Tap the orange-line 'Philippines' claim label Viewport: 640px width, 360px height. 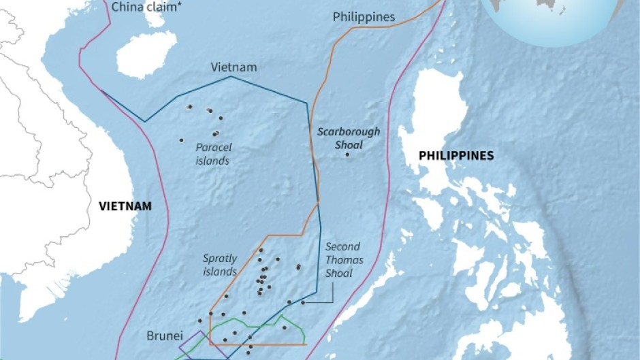[364, 17]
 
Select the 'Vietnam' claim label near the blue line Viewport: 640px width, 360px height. [234, 67]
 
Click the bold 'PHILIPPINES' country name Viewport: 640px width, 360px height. [456, 156]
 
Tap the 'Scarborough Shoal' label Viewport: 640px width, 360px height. [348, 138]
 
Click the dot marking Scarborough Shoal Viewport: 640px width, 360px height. [348, 155]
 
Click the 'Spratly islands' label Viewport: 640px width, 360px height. [220, 265]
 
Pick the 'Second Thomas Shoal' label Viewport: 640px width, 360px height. [344, 260]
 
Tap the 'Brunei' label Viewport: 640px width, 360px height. [163, 336]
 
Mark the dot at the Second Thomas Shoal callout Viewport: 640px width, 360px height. [303, 302]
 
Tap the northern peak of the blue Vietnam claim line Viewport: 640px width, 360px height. [231, 76]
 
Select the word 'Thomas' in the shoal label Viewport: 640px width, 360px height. [345, 260]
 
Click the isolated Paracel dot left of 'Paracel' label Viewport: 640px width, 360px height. [181, 140]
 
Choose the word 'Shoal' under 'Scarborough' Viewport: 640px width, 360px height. [349, 145]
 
